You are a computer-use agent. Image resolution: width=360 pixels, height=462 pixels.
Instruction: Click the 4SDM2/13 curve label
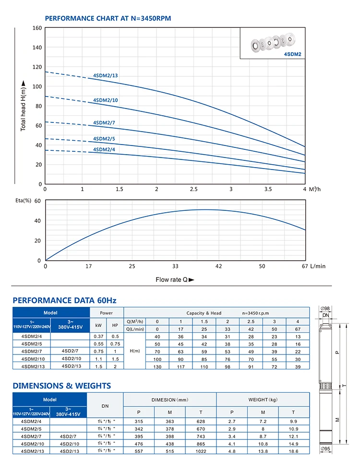click(x=106, y=75)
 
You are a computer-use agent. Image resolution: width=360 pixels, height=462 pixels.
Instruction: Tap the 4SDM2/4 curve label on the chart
click(x=104, y=149)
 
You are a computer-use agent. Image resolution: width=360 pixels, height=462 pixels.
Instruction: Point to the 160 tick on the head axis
click(x=37, y=28)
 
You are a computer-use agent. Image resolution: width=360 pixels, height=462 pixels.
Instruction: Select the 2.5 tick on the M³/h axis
click(x=193, y=189)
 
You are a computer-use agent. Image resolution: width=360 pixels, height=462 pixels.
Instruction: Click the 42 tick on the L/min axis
click(x=218, y=267)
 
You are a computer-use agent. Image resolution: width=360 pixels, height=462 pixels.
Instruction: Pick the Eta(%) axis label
click(x=23, y=201)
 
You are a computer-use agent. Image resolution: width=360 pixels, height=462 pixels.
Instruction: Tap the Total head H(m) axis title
click(x=23, y=106)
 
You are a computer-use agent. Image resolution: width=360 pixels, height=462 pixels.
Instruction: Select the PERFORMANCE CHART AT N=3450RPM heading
click(x=108, y=18)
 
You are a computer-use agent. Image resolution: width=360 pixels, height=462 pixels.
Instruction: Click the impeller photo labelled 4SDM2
click(x=273, y=43)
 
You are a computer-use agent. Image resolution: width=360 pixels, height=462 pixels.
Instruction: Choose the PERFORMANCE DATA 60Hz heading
click(x=64, y=301)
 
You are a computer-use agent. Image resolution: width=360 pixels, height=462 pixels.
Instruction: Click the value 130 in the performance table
click(x=157, y=367)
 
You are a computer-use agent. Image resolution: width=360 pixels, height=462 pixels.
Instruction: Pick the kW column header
click(x=98, y=325)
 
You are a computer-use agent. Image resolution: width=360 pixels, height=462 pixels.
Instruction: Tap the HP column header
click(x=115, y=325)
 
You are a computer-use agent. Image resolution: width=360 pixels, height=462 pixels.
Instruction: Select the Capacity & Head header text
click(x=204, y=313)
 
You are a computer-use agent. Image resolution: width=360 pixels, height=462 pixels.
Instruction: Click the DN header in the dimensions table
click(x=105, y=406)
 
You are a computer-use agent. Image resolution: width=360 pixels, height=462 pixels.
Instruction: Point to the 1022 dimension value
click(x=201, y=451)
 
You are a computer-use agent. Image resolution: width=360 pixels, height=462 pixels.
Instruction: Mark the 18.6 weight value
click(x=293, y=451)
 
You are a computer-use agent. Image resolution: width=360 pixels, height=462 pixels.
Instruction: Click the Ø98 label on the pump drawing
click(x=325, y=308)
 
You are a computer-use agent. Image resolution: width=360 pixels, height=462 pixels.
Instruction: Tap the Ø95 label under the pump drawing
click(x=325, y=449)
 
